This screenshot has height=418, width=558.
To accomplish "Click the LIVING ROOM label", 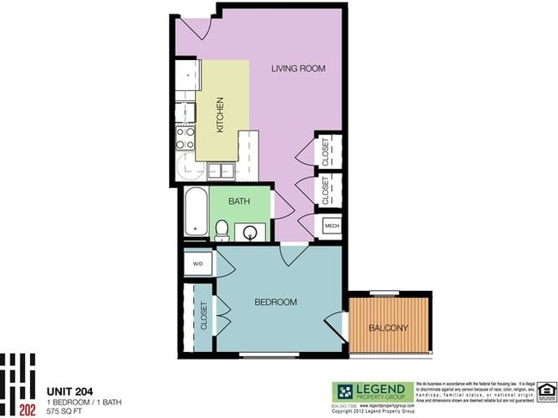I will point(299,69).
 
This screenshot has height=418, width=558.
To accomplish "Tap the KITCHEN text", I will point(220,113).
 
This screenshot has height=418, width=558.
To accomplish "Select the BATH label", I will point(239,203).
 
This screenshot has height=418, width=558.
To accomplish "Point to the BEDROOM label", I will point(276,302).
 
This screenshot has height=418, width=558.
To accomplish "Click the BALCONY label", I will point(387,328).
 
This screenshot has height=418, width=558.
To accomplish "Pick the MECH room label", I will point(331,227).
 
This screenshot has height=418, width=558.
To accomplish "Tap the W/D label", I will point(197,264).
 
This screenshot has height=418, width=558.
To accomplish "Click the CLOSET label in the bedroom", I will point(204,316).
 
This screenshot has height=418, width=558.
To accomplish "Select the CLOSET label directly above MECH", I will point(326,189).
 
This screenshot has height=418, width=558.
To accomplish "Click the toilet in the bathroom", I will point(221,228).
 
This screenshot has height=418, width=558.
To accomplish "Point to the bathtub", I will point(195,213).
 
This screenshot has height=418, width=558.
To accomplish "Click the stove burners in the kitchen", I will point(185,133).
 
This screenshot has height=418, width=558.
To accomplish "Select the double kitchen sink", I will point(221,170).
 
